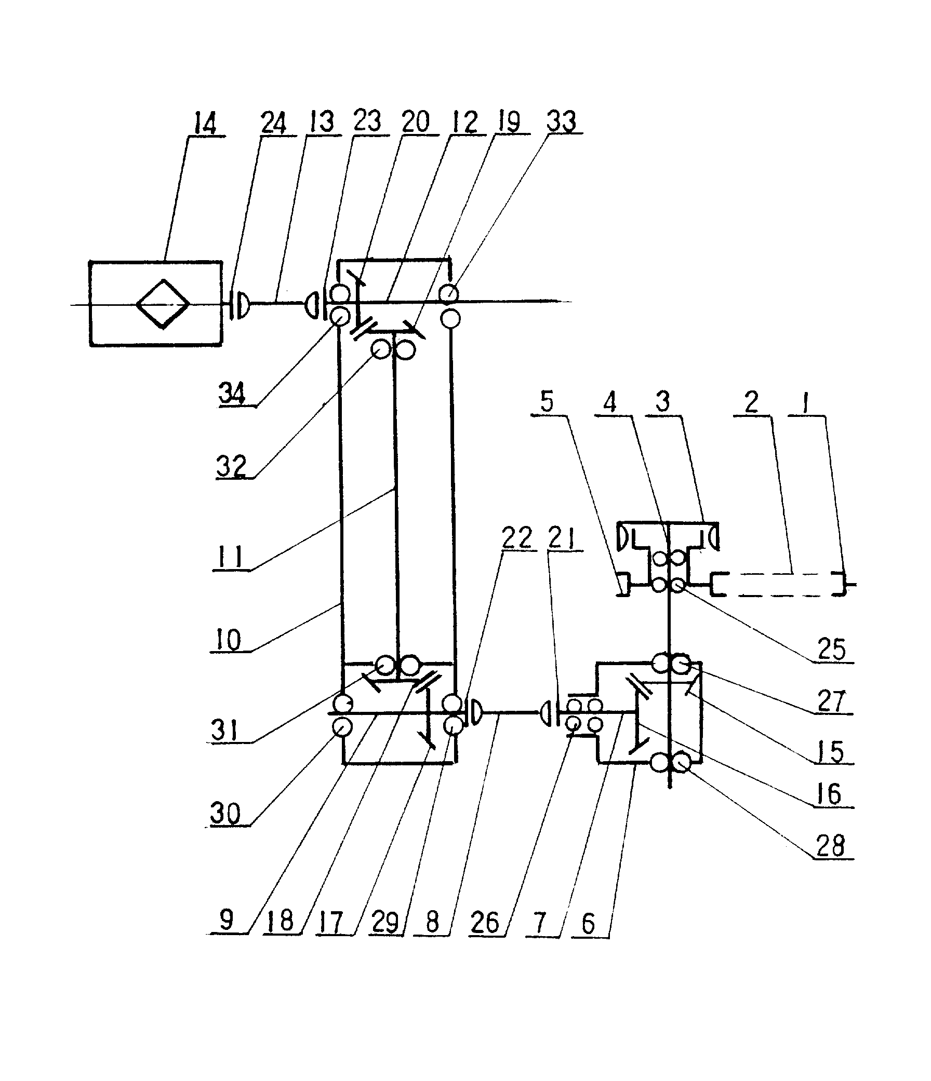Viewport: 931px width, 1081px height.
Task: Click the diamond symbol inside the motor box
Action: pos(163,304)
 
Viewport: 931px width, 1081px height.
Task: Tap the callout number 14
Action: pos(205,125)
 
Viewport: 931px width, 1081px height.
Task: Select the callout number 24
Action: pos(274,124)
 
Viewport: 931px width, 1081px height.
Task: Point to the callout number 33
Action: pos(561,121)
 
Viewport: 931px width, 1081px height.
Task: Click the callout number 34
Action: pos(232,393)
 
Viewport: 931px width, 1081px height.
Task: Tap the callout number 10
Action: pos(229,640)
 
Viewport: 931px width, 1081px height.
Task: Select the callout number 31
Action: pos(224,730)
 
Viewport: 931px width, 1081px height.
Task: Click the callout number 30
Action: pos(225,814)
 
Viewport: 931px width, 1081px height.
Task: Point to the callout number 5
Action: pos(547,402)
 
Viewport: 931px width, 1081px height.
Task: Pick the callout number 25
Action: pos(831,650)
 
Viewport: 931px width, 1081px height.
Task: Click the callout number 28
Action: pos(830,846)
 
